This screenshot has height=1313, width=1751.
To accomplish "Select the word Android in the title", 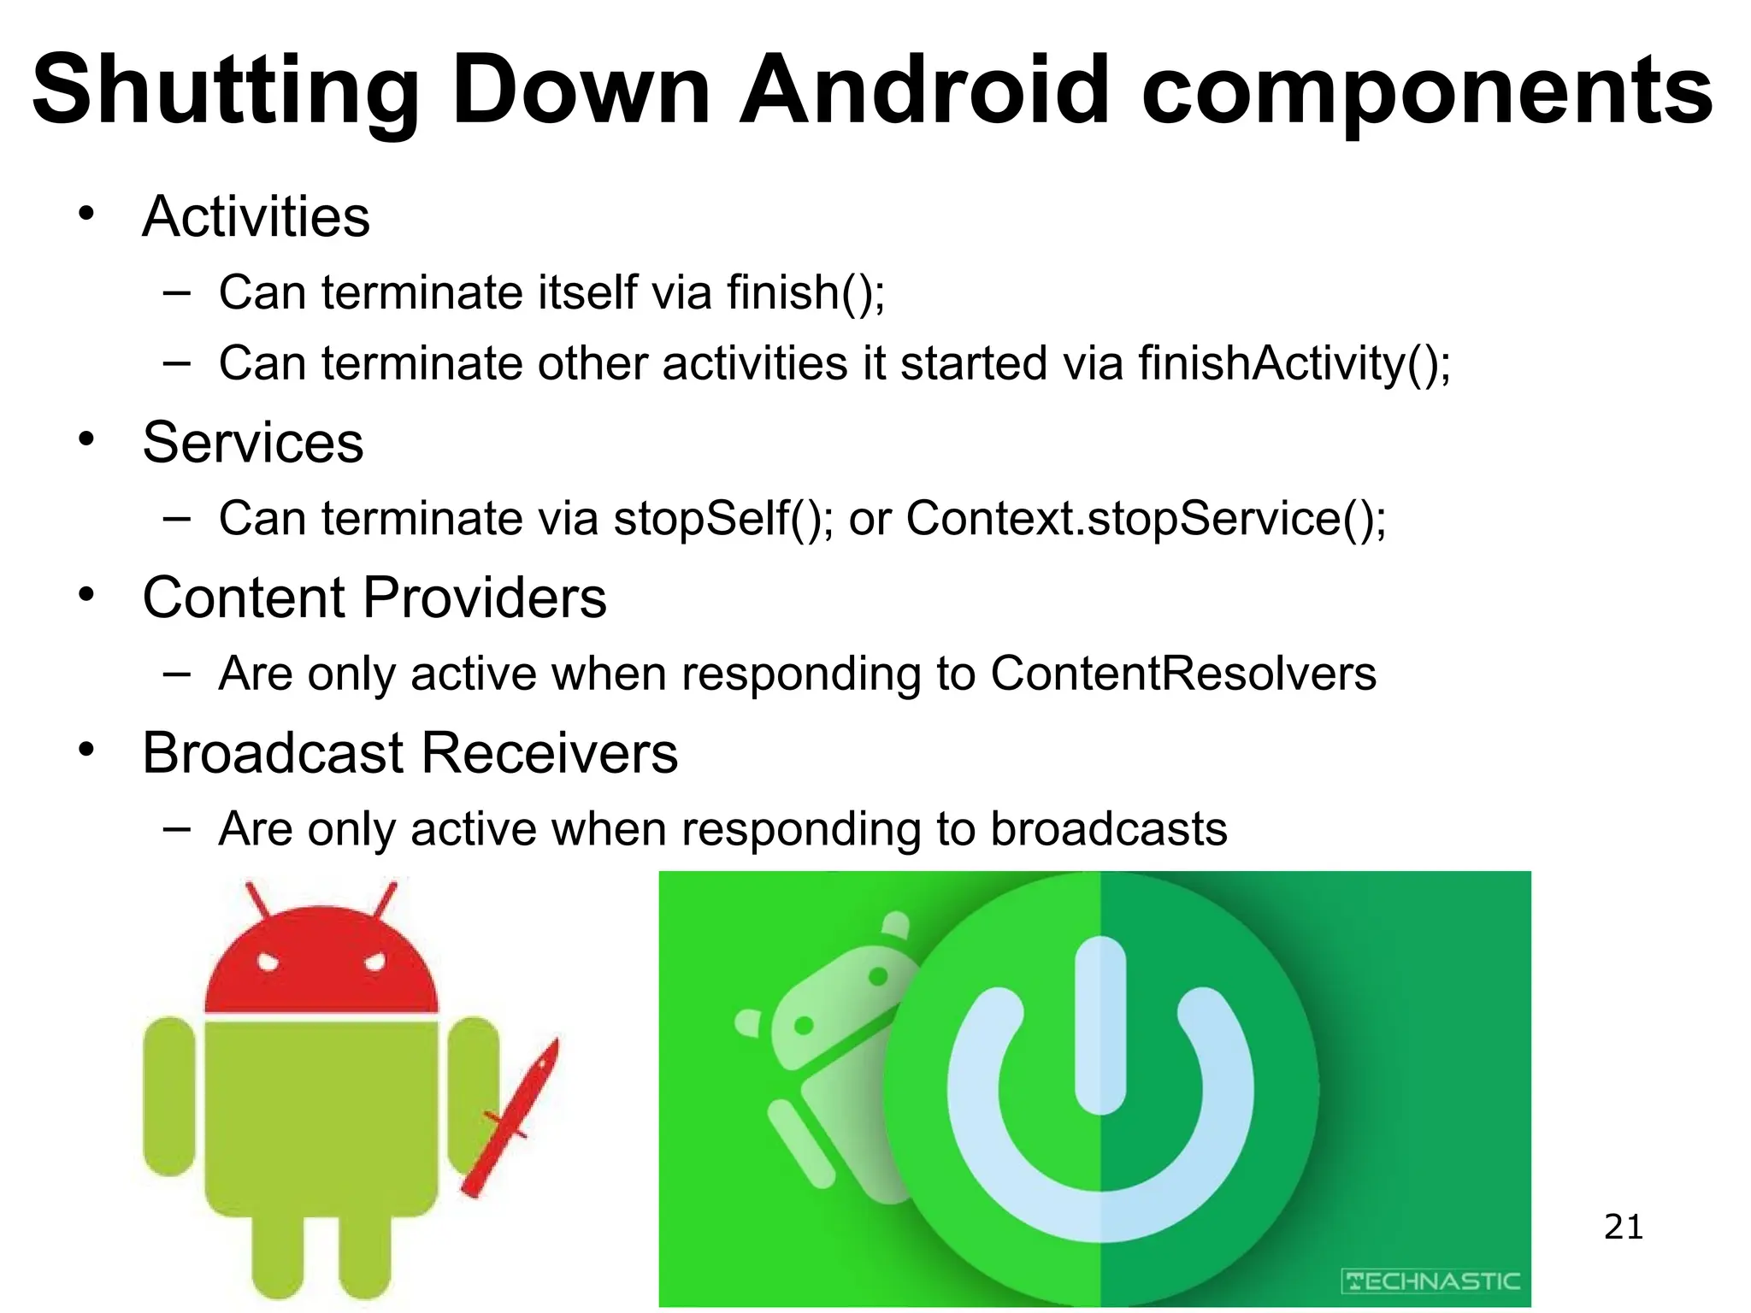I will point(923,89).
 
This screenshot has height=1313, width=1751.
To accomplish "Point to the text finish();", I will point(805,292).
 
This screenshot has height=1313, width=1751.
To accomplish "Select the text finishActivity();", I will point(1294,363).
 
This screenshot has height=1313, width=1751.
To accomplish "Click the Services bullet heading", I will point(253,443).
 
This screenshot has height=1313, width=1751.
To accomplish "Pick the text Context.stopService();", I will point(1146,518).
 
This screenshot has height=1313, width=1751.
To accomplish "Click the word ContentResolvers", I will point(1183,674).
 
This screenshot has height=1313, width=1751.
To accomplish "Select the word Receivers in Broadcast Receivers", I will point(549,753).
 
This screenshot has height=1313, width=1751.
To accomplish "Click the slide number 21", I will point(1623,1227).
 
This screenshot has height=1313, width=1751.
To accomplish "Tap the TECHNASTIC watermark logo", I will point(1431,1281).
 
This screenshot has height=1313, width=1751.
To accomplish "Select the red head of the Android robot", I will point(321,962).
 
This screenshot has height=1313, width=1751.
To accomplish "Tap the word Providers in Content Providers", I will point(485,598).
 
